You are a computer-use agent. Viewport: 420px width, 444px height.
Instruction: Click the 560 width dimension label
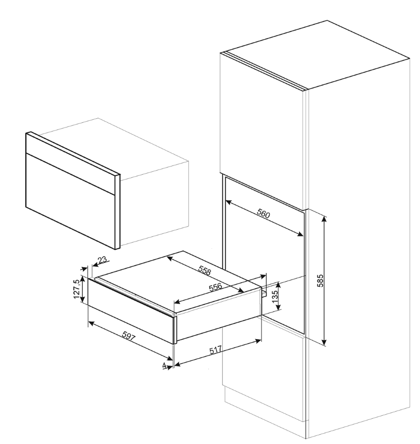263,213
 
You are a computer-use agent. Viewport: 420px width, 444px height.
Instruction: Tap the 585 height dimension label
320,281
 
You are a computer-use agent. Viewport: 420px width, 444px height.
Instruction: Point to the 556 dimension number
215,287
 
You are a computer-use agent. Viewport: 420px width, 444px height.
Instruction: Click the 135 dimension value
275,297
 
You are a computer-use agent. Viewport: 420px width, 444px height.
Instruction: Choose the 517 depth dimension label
216,350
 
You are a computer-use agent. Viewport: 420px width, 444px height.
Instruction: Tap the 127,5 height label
76,289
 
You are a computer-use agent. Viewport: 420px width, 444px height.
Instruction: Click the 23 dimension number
102,260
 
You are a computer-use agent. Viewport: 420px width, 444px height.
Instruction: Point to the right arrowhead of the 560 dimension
300,234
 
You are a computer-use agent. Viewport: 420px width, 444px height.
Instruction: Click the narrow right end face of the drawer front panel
175,330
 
